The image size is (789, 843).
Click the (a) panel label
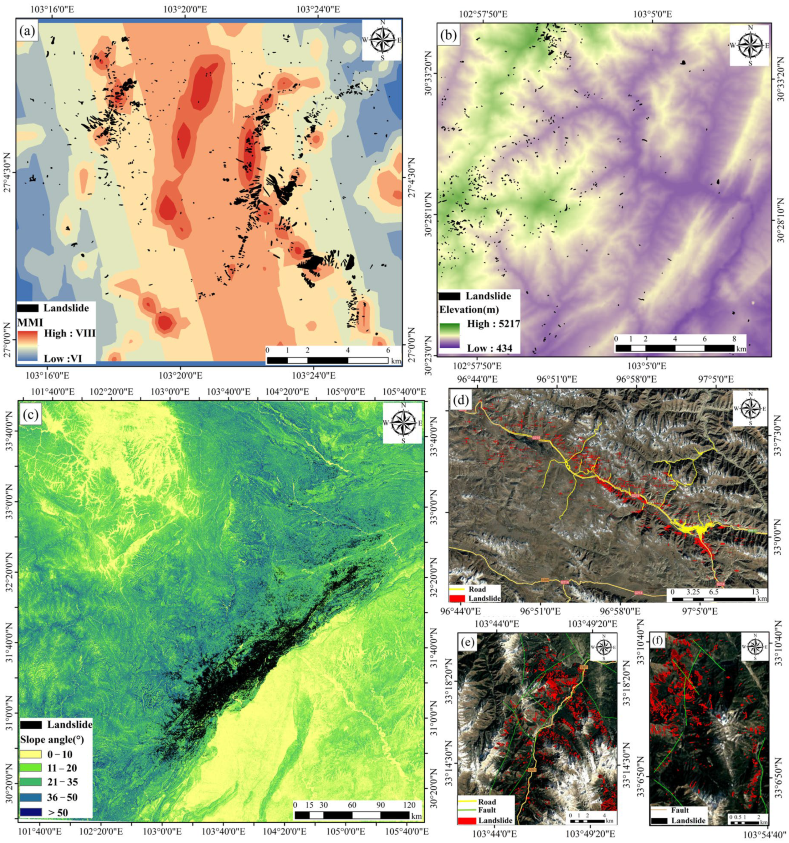coord(28,32)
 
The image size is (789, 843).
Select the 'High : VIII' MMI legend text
coord(69,334)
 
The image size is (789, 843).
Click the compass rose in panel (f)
coord(755,646)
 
